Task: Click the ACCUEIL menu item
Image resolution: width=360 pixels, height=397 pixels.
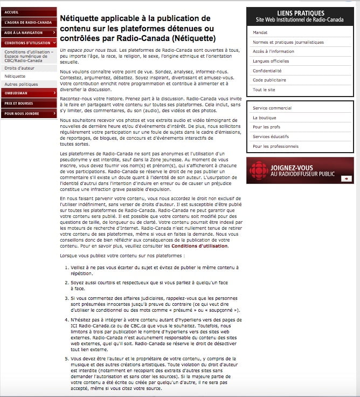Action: pos(12,12)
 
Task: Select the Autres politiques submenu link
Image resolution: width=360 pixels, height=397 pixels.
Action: pos(21,85)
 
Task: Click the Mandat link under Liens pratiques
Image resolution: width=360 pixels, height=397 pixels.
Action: pos(260,32)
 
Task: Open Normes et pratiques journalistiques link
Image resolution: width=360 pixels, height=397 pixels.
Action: pos(288,42)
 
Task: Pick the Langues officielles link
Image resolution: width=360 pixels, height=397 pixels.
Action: pos(271,61)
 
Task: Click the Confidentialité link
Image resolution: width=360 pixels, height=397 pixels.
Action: pos(267,71)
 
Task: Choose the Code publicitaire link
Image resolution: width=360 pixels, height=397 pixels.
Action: pos(269,80)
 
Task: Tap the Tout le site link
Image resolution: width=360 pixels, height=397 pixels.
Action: pos(264,90)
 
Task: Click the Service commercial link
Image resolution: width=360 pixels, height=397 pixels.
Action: pos(272,108)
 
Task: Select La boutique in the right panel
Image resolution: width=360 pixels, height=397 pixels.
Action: pos(264,118)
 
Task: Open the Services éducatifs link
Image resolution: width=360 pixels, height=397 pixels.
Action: pos(271,136)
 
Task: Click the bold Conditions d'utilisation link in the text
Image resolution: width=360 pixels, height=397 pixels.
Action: pos(200,246)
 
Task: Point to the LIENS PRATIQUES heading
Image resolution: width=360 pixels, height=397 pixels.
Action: pos(301,13)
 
